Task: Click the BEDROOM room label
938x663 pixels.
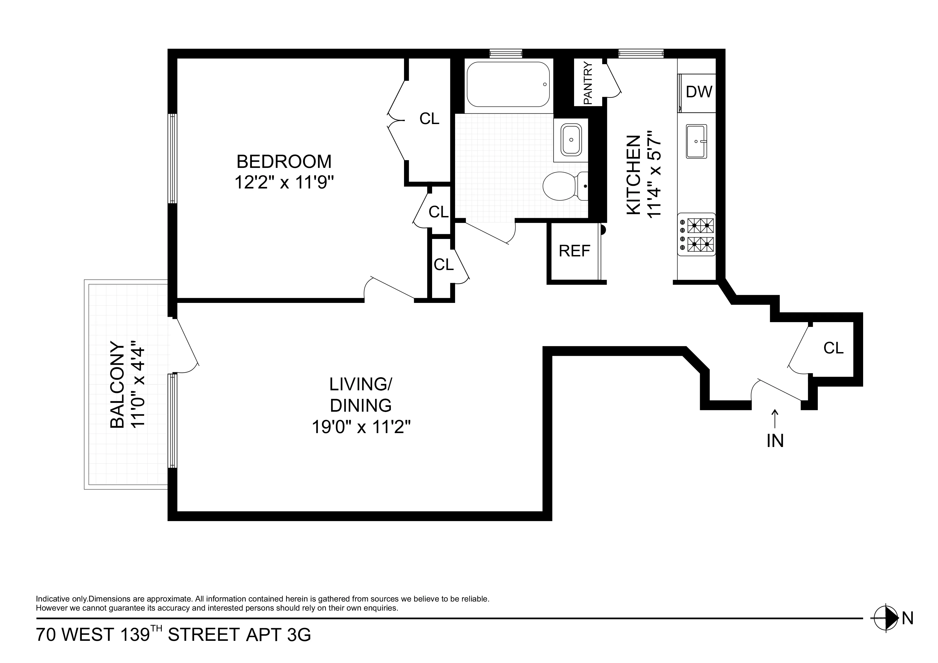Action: coord(284,161)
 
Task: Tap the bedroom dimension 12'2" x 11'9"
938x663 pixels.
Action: coord(284,183)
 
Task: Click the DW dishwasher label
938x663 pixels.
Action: coord(699,92)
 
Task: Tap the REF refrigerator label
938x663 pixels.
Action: coord(574,251)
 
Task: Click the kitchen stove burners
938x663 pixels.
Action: coord(700,234)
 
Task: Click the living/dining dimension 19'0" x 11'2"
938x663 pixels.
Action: coord(361,427)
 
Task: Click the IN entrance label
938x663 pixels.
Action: coord(775,441)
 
